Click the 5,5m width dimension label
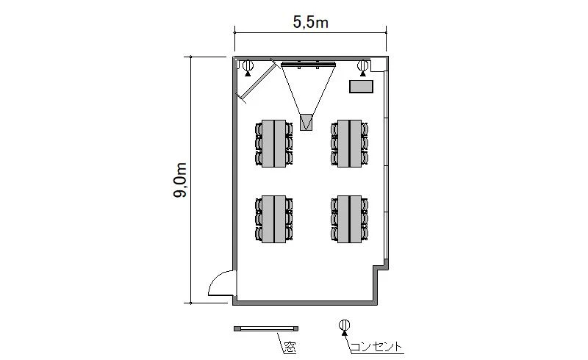[x=310, y=23]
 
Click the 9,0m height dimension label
[x=180, y=181]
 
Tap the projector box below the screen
[x=306, y=122]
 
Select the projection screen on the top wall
[x=308, y=65]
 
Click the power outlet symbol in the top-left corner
[x=248, y=68]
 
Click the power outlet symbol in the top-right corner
[x=362, y=68]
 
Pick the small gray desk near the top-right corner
[x=361, y=86]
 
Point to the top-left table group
[x=273, y=143]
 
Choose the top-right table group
[x=350, y=143]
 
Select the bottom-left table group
[x=273, y=219]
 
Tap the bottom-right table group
[x=350, y=219]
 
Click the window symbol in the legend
[x=266, y=328]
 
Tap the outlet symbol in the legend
[x=344, y=326]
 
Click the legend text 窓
[x=290, y=348]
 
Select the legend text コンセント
[x=376, y=347]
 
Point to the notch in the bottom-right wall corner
[x=380, y=267]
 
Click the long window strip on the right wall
[x=387, y=165]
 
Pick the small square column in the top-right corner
[x=378, y=65]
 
